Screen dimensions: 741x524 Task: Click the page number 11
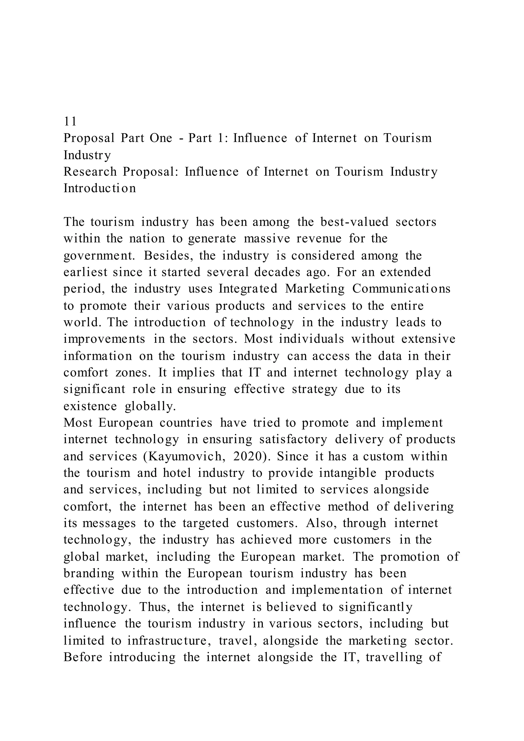(x=70, y=121)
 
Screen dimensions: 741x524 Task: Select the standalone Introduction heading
(x=100, y=188)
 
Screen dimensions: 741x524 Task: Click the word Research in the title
(x=90, y=171)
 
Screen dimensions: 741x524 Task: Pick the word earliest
(x=85, y=272)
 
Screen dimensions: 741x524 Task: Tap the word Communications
(x=401, y=289)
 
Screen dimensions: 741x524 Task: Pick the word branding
(x=89, y=573)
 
